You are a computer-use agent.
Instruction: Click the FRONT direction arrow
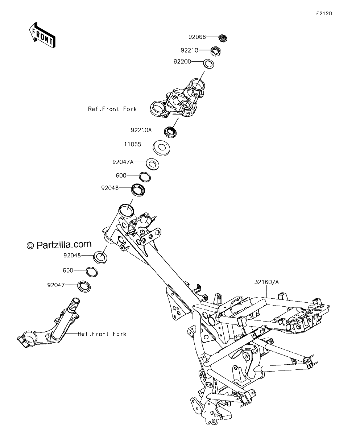tap(42, 35)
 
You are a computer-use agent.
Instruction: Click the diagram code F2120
tap(324, 13)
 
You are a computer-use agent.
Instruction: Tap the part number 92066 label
tap(197, 37)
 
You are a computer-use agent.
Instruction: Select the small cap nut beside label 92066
tap(223, 38)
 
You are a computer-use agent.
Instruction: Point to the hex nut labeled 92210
tap(216, 51)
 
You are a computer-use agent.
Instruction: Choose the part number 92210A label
tap(141, 130)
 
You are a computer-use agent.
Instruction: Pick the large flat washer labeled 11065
tap(161, 148)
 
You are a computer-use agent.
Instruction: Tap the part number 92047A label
tap(123, 162)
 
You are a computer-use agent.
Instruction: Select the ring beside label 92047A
tap(152, 164)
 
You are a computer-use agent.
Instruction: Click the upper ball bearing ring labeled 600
tap(145, 177)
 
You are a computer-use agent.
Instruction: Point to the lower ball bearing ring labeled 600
tap(92, 272)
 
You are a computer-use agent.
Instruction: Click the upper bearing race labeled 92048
tap(138, 190)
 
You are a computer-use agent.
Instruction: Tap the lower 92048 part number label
tap(72, 256)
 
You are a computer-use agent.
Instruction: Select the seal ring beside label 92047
tap(84, 286)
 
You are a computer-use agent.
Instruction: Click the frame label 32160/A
tap(266, 282)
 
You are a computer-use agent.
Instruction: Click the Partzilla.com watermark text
tap(59, 244)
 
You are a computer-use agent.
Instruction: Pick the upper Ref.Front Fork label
tap(112, 109)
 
